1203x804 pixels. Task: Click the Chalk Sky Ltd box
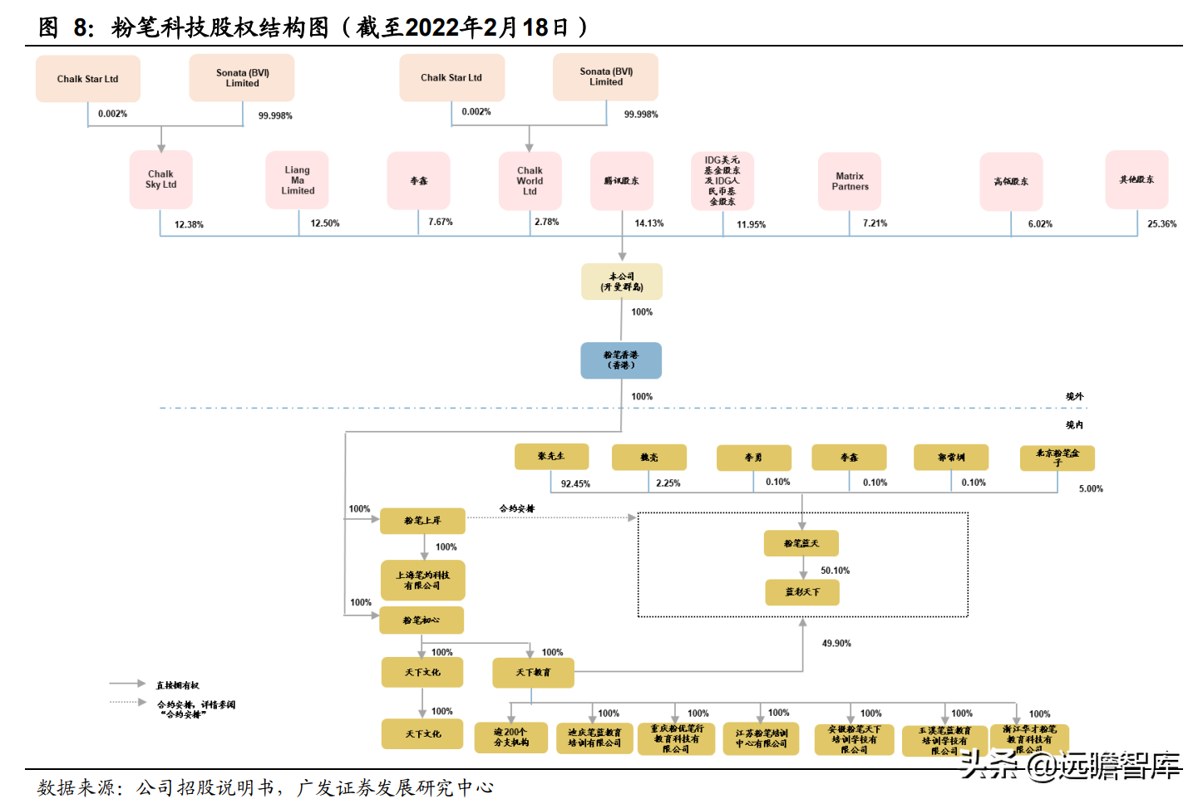tap(160, 179)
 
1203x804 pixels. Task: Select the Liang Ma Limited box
tap(297, 180)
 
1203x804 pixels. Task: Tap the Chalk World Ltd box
tap(530, 181)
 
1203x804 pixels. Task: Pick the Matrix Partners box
tap(850, 181)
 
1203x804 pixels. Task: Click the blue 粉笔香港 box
tap(621, 360)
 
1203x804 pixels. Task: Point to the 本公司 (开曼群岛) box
tap(622, 282)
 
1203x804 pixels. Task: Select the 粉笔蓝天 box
tap(801, 543)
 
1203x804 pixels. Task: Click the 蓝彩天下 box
tap(802, 592)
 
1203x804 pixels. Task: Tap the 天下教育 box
tap(533, 673)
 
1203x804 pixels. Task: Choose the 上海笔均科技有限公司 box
tap(422, 580)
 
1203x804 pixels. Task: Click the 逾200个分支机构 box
tap(510, 737)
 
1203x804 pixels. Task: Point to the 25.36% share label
tap(1161, 224)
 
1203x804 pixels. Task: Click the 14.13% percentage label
tap(649, 223)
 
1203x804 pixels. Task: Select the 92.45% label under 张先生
tap(575, 484)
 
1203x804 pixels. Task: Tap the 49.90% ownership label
tap(836, 644)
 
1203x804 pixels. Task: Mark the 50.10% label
tap(835, 571)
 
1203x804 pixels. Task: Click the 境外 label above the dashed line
tap(1074, 397)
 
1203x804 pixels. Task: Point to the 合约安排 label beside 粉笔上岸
tap(516, 508)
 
